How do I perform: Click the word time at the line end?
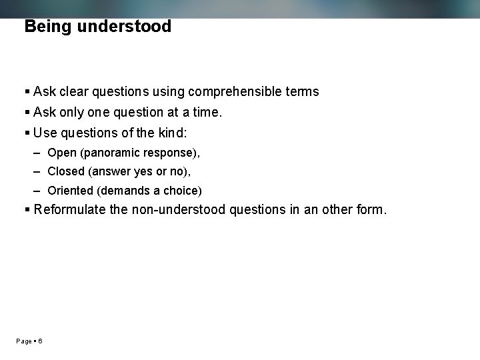point(203,113)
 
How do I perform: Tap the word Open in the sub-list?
point(62,153)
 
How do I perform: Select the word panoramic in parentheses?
point(111,153)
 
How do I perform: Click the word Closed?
point(66,171)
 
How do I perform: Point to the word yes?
point(144,171)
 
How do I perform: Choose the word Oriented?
point(71,191)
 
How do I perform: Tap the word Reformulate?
point(70,210)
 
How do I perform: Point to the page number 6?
point(41,341)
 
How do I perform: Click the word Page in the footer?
point(24,341)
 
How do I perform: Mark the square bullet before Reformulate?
point(27,210)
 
